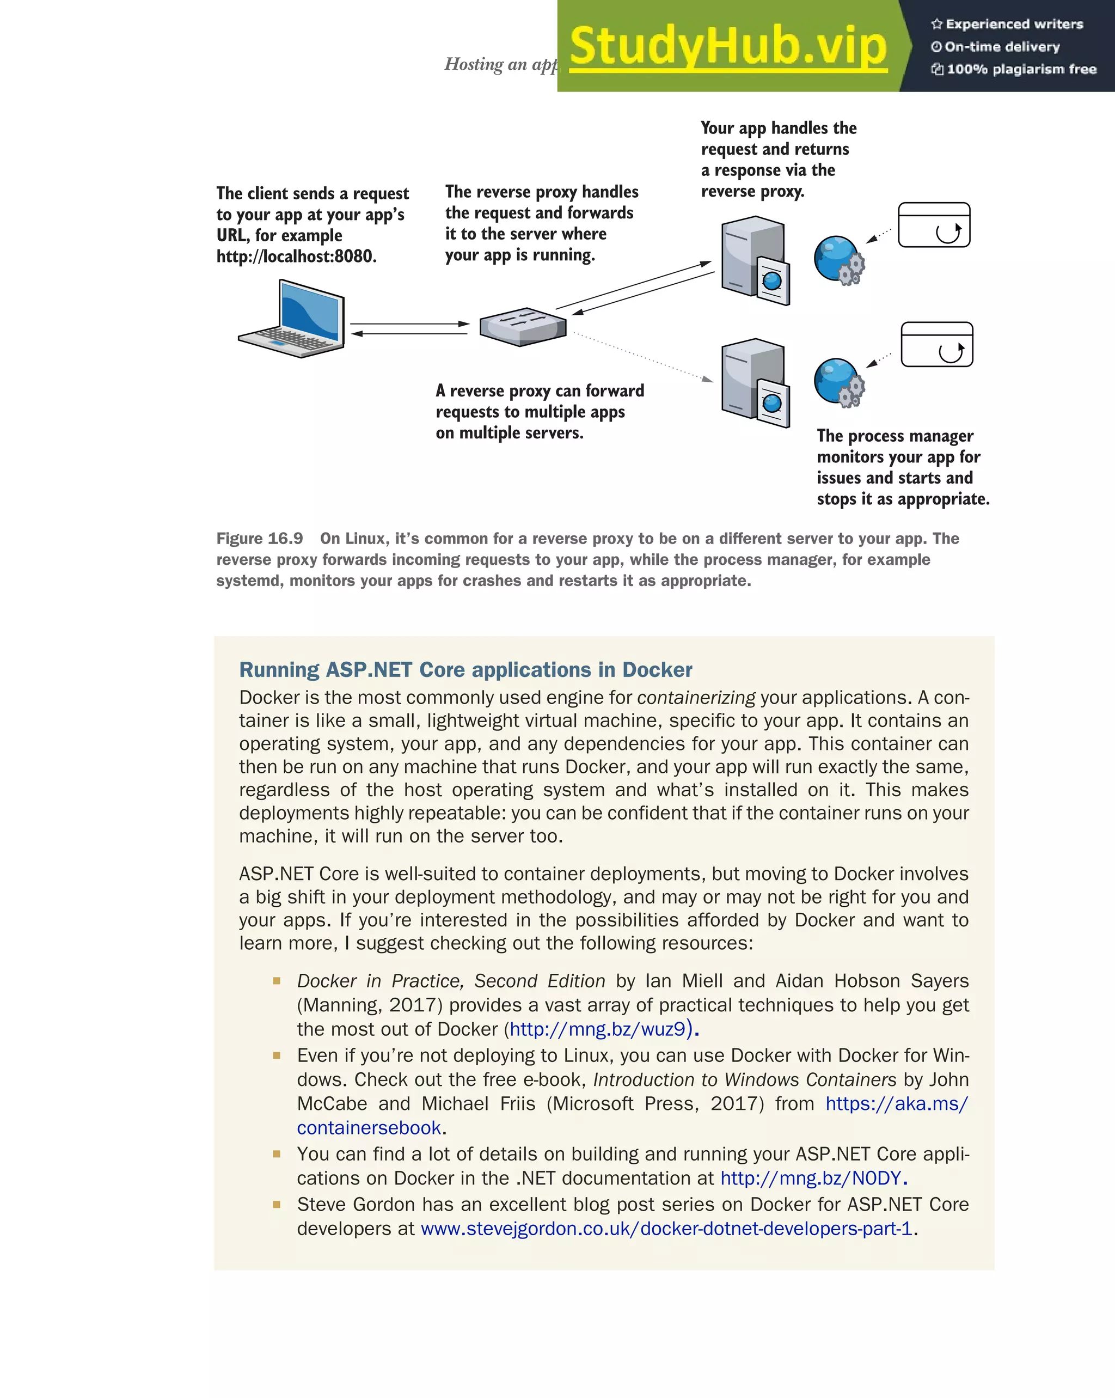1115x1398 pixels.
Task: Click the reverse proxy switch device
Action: point(523,326)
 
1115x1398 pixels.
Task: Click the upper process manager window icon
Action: point(934,225)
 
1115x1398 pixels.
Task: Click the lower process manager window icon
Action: point(937,344)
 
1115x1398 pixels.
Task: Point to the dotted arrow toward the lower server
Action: point(642,357)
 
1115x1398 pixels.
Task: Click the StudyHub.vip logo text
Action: point(728,47)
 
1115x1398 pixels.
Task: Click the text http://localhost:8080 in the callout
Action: point(296,257)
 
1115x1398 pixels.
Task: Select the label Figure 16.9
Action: point(259,539)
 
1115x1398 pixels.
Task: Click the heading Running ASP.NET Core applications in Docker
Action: point(465,670)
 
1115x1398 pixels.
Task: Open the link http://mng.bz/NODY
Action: point(810,1178)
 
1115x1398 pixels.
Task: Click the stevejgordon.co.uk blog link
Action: point(666,1229)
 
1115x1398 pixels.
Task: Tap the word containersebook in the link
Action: point(368,1128)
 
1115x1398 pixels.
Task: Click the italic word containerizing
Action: point(696,698)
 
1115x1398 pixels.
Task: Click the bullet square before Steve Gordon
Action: point(277,1205)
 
